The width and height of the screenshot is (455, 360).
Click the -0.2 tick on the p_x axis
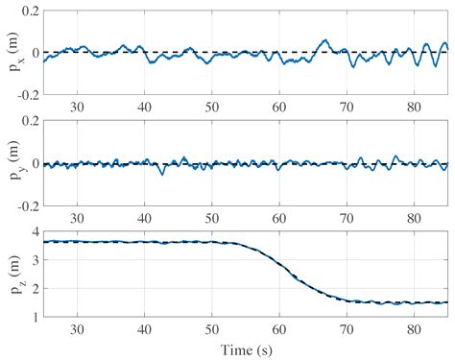27,95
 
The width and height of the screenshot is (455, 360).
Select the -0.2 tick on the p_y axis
27,205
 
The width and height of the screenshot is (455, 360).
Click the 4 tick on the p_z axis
35,231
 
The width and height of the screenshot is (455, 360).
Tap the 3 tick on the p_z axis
35,259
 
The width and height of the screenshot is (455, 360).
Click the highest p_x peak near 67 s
324,40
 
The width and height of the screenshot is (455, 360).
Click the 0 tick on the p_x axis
35,52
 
